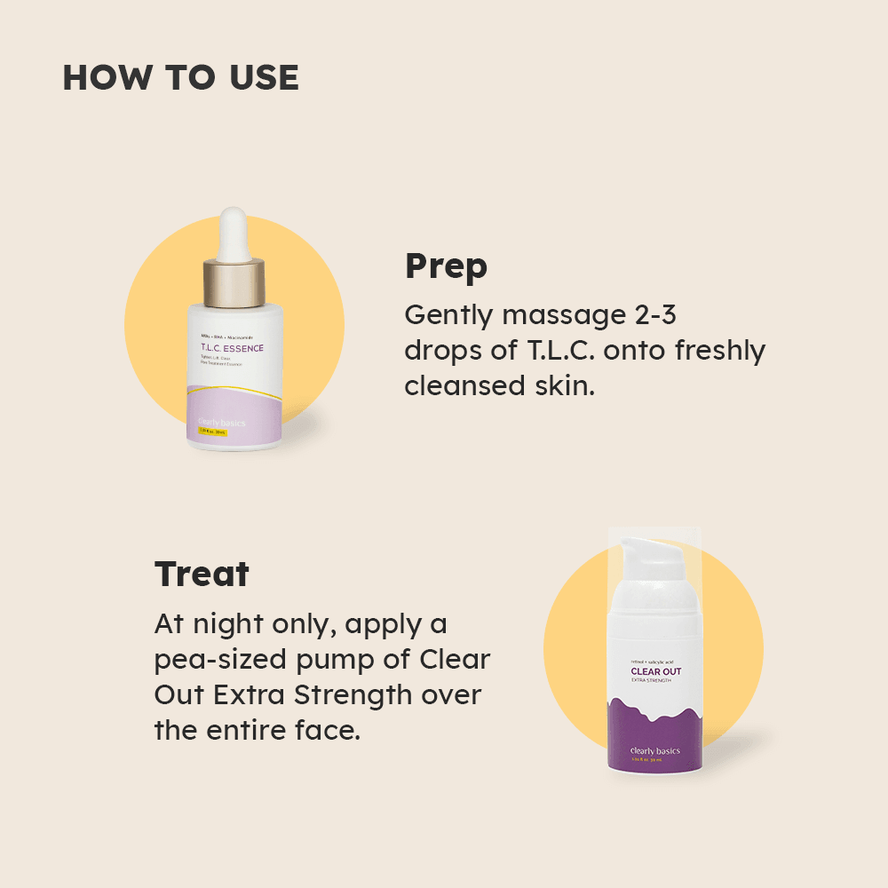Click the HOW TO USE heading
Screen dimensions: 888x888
pos(180,78)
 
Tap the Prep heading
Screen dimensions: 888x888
pos(446,266)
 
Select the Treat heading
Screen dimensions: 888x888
pos(202,574)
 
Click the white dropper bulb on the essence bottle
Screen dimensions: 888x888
pos(234,233)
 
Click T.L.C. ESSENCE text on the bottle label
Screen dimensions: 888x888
pos(232,349)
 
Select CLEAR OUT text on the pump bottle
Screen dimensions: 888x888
pos(656,671)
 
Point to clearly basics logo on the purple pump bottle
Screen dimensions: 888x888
pos(655,751)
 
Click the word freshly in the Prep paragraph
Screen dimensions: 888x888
pos(719,350)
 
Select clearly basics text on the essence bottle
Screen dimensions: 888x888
pos(220,423)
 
